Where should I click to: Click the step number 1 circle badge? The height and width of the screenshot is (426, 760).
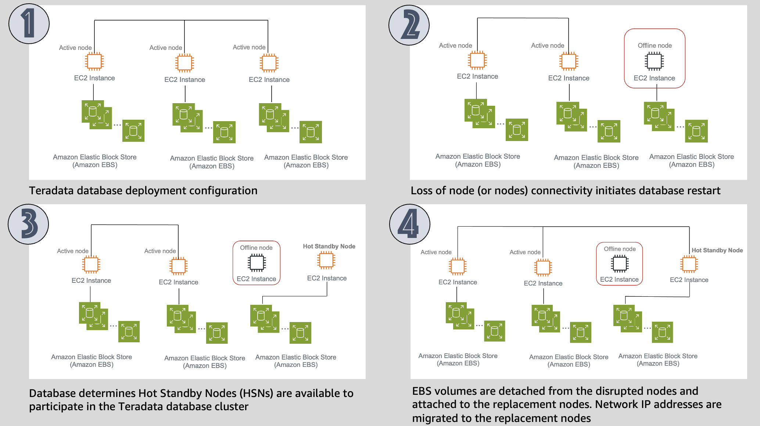point(29,24)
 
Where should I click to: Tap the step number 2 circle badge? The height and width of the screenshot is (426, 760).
point(409,25)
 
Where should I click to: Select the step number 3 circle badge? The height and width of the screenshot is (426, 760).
point(28,224)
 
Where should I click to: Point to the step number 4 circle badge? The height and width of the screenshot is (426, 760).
point(410,224)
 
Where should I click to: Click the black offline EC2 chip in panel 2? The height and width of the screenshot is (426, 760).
point(654,61)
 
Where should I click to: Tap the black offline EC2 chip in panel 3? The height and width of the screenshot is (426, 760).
point(257,263)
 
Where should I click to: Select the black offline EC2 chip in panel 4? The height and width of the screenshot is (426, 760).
point(620,263)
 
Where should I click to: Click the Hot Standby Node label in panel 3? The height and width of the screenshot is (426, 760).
point(329,246)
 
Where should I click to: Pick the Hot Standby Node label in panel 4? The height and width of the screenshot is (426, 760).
point(717,250)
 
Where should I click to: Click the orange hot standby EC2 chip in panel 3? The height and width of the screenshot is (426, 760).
point(326,260)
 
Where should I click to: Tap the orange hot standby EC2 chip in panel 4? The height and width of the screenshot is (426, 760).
point(689,264)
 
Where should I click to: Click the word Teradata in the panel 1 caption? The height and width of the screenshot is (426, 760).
point(53,191)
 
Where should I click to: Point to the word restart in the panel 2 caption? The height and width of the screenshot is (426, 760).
point(699,191)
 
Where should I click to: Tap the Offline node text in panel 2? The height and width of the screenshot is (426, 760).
point(655,46)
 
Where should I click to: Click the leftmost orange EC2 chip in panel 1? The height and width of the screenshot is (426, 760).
point(94,61)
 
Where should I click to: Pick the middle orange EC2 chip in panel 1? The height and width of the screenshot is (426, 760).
point(184,63)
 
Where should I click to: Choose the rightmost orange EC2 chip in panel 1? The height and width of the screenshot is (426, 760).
point(269,63)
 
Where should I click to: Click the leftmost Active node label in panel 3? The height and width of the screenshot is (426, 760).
point(73,251)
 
